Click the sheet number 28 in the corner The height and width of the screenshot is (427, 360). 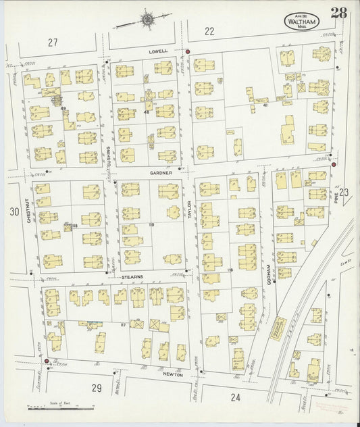pyautogui.click(x=339, y=13)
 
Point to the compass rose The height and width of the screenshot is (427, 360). pyautogui.click(x=146, y=20)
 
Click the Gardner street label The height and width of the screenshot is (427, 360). pyautogui.click(x=161, y=173)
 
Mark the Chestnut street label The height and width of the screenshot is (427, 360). pyautogui.click(x=30, y=210)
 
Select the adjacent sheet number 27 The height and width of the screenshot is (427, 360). pyautogui.click(x=53, y=43)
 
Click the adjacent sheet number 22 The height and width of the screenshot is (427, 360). pyautogui.click(x=209, y=30)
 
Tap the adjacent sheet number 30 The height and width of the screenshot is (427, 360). pyautogui.click(x=14, y=212)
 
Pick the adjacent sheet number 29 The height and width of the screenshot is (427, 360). pyautogui.click(x=97, y=387)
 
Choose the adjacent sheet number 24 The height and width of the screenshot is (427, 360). pyautogui.click(x=235, y=397)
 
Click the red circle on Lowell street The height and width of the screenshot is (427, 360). pyautogui.click(x=188, y=51)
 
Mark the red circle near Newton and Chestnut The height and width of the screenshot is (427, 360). pyautogui.click(x=46, y=361)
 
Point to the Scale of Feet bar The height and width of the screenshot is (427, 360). pyautogui.click(x=61, y=408)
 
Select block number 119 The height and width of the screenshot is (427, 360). pyautogui.click(x=152, y=224)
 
